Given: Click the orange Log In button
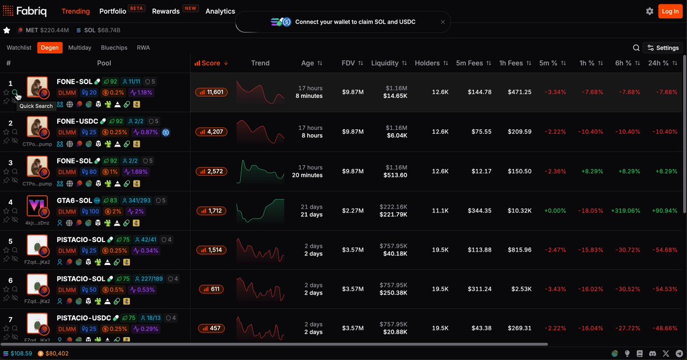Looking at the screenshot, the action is (x=670, y=11).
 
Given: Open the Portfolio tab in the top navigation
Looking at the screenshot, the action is (x=113, y=11).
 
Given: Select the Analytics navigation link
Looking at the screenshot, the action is (x=220, y=11).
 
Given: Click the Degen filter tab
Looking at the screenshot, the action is (x=50, y=48).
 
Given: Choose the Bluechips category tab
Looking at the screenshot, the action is (x=114, y=48).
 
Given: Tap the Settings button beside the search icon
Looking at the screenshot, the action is (x=663, y=48).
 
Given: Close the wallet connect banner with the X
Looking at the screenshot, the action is (x=443, y=22).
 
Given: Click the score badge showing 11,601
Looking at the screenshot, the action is (x=211, y=92).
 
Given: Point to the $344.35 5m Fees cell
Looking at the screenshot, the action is (x=479, y=211).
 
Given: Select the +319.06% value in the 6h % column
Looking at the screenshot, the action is (x=625, y=211).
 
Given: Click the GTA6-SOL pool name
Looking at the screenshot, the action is (x=74, y=200).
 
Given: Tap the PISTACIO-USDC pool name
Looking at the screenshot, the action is (x=84, y=318).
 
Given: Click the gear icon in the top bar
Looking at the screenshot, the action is (x=650, y=11).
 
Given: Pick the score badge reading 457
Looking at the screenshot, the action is (x=211, y=328).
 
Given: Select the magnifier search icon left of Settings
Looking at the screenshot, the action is (x=636, y=48).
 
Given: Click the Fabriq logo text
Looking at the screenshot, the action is (x=31, y=11).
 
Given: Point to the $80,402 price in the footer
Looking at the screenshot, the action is (x=57, y=354).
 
